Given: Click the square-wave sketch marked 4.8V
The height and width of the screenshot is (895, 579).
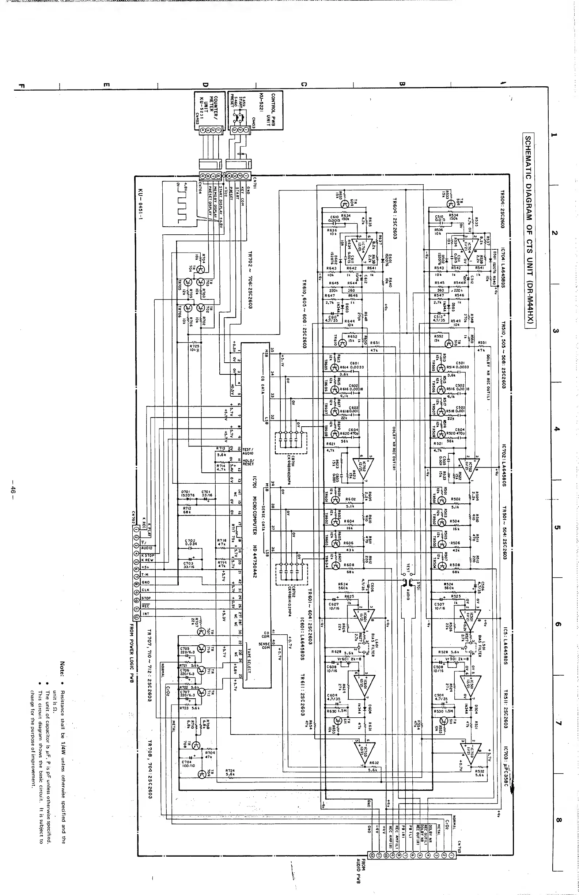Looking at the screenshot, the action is point(180,203).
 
